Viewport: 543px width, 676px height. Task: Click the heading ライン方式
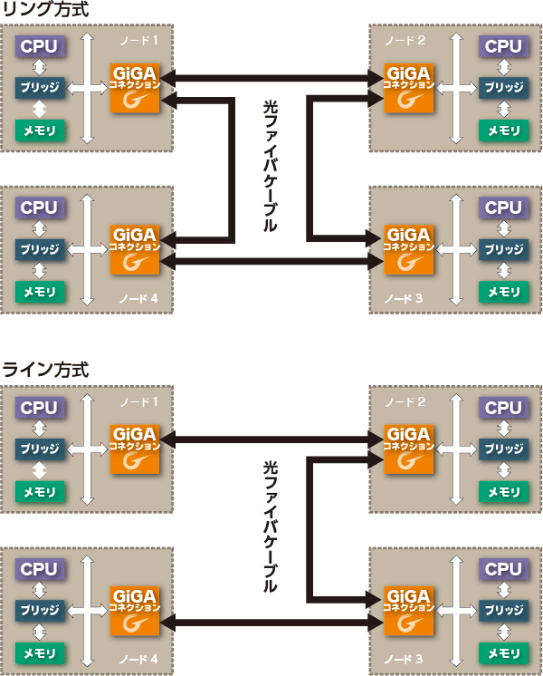click(46, 371)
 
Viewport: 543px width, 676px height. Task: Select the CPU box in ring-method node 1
click(39, 46)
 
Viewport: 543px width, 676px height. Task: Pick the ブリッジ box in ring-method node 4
click(39, 250)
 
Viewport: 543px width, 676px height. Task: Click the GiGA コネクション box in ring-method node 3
click(408, 249)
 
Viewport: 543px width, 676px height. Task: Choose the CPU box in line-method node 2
click(503, 408)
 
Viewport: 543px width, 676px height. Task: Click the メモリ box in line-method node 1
click(39, 492)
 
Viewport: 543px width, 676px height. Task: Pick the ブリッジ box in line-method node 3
click(503, 610)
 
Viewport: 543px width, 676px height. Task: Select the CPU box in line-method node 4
click(39, 569)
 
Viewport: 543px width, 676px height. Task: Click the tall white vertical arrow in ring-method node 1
click(87, 88)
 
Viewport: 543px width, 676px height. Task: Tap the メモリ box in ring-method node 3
click(503, 292)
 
